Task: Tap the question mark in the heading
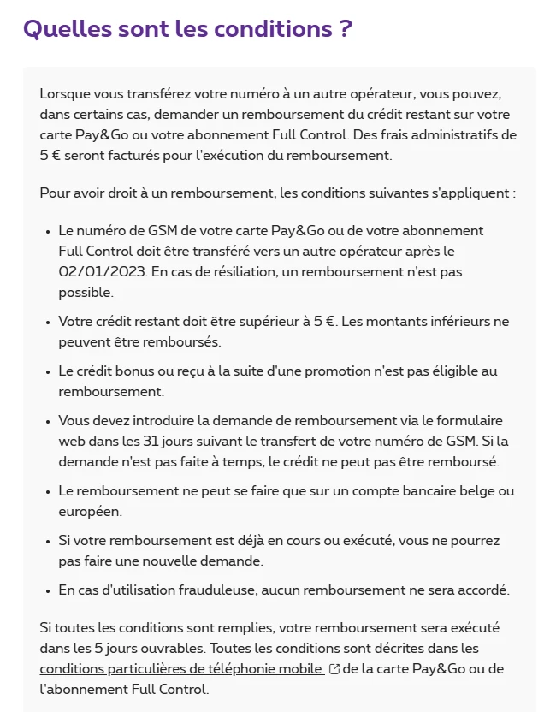coord(345,28)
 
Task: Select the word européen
coord(90,512)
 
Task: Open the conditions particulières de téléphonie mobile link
coord(181,669)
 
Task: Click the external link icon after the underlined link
coord(334,669)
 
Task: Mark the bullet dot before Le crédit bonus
coord(46,371)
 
